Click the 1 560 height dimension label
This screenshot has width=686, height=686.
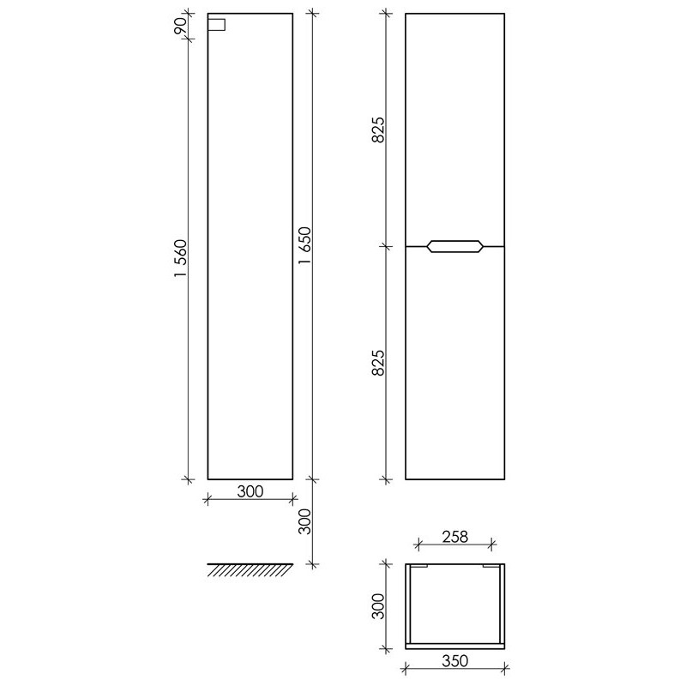coord(180,258)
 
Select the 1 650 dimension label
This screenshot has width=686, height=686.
coord(304,245)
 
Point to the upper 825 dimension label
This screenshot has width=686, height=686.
coord(377,129)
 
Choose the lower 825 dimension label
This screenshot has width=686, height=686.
coord(377,363)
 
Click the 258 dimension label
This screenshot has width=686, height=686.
coord(455,537)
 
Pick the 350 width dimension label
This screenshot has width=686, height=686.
coord(455,660)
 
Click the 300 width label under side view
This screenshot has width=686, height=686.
coord(250,491)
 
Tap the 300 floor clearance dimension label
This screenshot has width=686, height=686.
coord(304,521)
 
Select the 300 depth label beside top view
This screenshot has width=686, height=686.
coord(377,606)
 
